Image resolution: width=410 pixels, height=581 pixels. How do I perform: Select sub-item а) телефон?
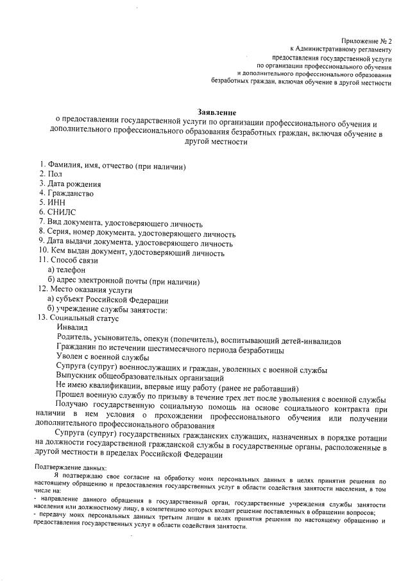(66, 270)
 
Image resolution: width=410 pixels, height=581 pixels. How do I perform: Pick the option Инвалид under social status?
(72, 327)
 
